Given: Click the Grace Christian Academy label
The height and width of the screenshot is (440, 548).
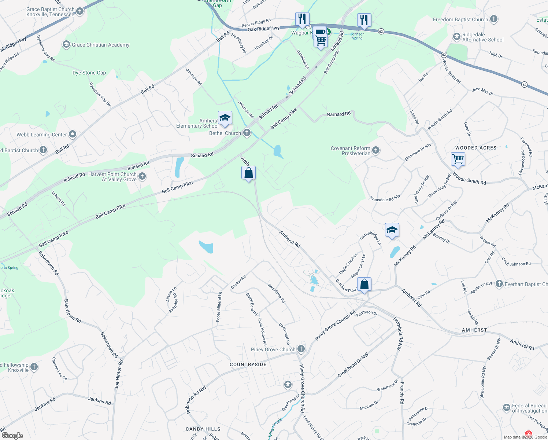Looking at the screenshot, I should point(100,45).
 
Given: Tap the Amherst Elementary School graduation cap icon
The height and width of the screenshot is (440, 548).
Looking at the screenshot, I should point(225,118).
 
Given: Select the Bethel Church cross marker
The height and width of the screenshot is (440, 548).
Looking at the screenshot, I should point(247,133).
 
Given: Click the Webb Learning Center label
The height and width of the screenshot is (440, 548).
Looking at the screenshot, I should point(42,135).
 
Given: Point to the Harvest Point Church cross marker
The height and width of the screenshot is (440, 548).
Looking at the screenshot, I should point(142,176).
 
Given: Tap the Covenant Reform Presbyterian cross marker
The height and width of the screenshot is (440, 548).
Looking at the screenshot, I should point(376,150).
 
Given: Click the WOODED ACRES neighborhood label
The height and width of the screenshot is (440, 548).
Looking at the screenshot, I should point(476,148).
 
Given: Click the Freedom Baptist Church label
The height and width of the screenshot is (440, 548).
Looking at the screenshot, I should point(460,19).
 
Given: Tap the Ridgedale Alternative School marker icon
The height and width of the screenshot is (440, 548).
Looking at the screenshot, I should point(457,37).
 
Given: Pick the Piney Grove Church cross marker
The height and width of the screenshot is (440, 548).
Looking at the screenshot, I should point(301,349).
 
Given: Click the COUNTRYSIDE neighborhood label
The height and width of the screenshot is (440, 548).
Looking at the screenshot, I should point(248,364).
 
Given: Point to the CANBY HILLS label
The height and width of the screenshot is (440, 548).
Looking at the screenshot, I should point(203,429).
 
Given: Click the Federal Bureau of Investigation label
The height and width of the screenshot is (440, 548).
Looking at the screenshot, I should point(529,408).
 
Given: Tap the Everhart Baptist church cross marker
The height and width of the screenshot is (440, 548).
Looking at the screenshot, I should point(499,283).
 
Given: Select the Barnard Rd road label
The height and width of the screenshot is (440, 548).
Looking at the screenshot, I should point(338,114).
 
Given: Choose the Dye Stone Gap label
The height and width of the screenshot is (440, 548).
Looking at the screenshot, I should point(89,73).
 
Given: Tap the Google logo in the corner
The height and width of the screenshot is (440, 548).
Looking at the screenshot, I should point(12,436).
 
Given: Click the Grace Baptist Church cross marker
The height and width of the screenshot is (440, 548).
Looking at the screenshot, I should point(80,11).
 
